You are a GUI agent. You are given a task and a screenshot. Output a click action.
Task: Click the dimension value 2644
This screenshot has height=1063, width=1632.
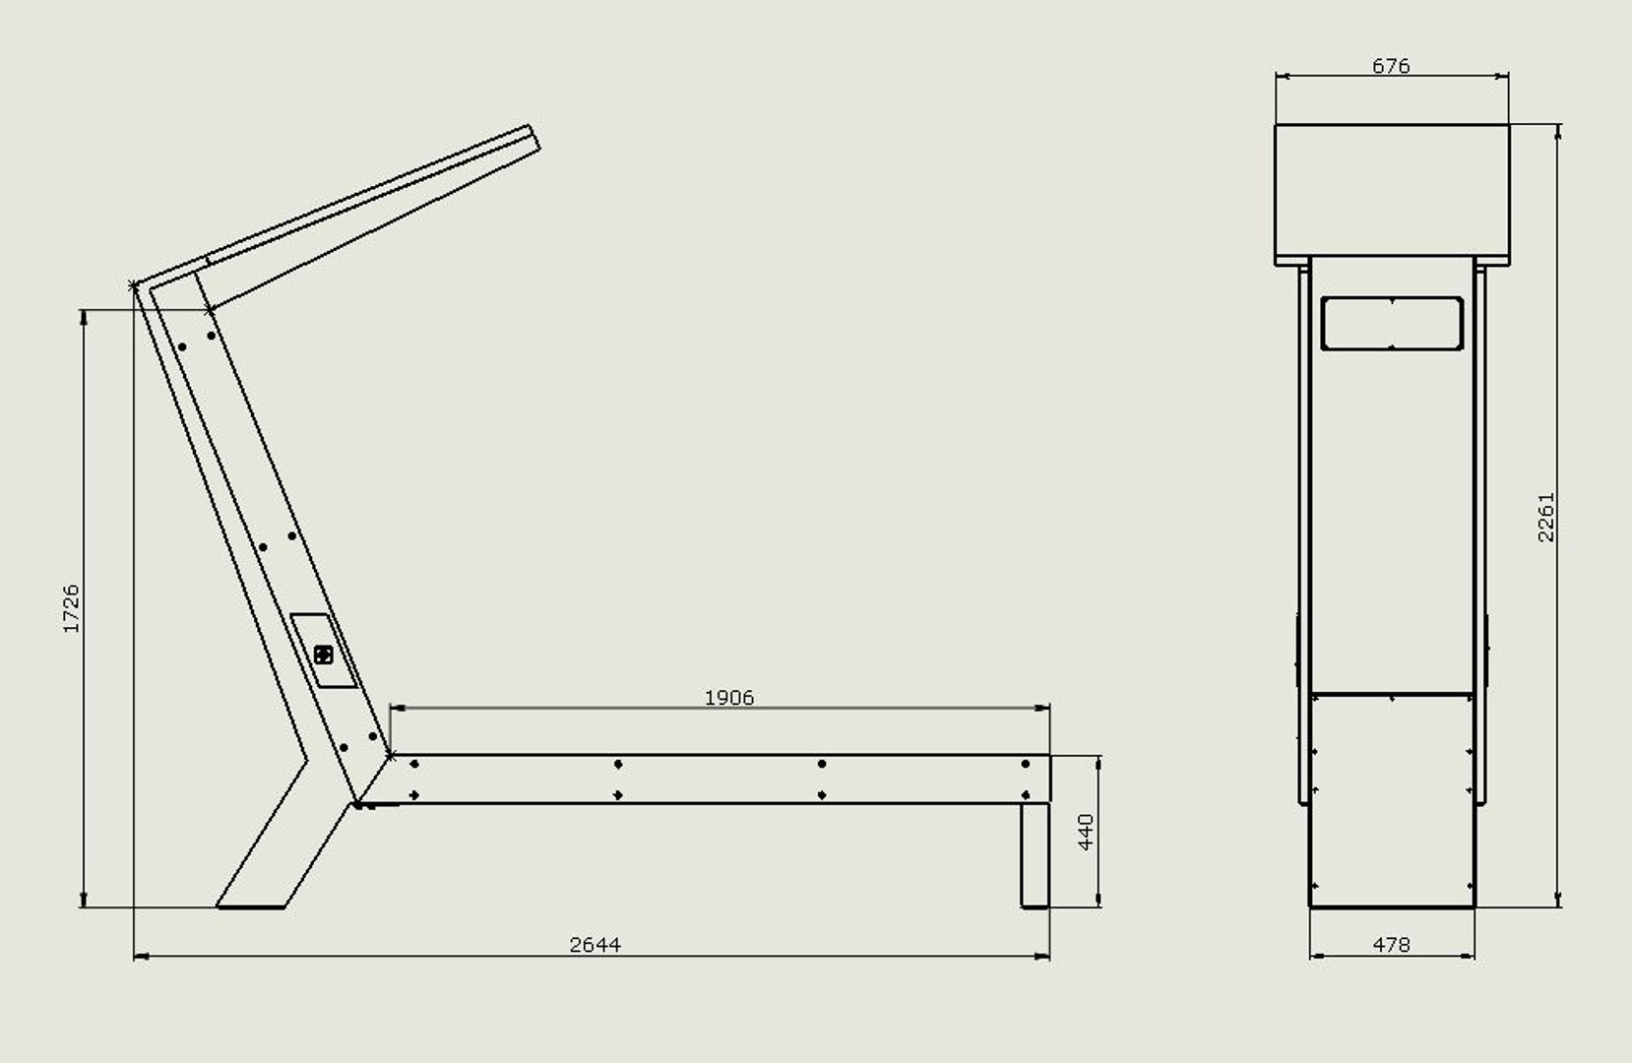coord(595,945)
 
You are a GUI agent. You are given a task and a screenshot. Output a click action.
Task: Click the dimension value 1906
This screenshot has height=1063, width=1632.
coord(728,698)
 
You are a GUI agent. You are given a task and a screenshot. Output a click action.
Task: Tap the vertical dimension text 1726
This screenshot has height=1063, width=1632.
coord(71,608)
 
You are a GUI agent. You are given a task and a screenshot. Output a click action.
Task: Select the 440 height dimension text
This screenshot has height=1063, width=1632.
coord(1087,832)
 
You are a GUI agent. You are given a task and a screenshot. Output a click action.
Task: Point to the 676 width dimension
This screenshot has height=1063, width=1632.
coord(1391,66)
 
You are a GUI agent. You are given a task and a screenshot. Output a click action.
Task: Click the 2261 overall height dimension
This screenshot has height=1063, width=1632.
coord(1546,517)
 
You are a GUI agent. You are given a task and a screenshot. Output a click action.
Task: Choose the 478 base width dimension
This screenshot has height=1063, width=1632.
coord(1391,945)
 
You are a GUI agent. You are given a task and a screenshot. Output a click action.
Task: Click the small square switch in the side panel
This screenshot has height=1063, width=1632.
coord(324,655)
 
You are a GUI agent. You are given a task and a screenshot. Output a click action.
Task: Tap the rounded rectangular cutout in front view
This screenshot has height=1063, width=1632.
coord(1392,323)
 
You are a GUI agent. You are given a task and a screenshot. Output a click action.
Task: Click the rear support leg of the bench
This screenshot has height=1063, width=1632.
coord(1034,854)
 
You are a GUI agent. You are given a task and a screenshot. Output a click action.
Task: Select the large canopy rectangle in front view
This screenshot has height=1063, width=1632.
coord(1391,193)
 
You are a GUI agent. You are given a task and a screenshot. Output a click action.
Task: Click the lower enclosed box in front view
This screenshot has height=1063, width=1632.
coord(1391,797)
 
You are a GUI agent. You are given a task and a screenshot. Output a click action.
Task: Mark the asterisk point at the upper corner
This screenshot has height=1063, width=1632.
coord(133,286)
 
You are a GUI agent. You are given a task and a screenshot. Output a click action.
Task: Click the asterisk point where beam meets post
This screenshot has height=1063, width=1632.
coord(391,756)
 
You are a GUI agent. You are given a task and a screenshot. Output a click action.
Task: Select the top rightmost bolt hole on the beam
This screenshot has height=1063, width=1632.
coord(1026,764)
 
